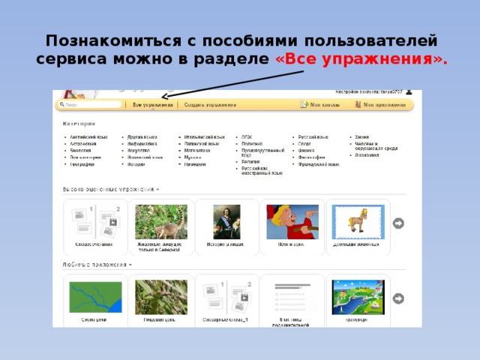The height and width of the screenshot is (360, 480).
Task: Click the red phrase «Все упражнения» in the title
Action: tap(361, 59)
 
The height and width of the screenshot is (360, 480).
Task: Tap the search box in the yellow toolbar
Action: tap(90, 105)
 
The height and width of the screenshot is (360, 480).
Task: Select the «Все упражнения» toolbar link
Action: tap(152, 105)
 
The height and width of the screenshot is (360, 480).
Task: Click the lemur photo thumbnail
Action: tap(161, 221)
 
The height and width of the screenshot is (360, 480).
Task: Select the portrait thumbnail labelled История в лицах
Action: tap(226, 221)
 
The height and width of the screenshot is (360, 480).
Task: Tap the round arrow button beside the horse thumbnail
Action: tap(399, 223)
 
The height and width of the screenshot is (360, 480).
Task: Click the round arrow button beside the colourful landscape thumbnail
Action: tap(399, 298)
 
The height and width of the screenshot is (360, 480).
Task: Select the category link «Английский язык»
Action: tap(86, 137)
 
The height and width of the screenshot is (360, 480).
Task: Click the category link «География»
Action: tap(82, 163)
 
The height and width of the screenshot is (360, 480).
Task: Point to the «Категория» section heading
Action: tap(79, 124)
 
